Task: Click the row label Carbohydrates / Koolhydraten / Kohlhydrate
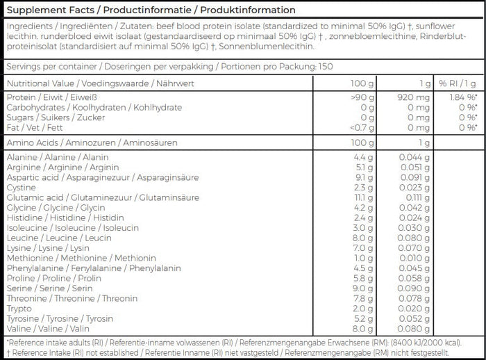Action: point(94,108)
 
